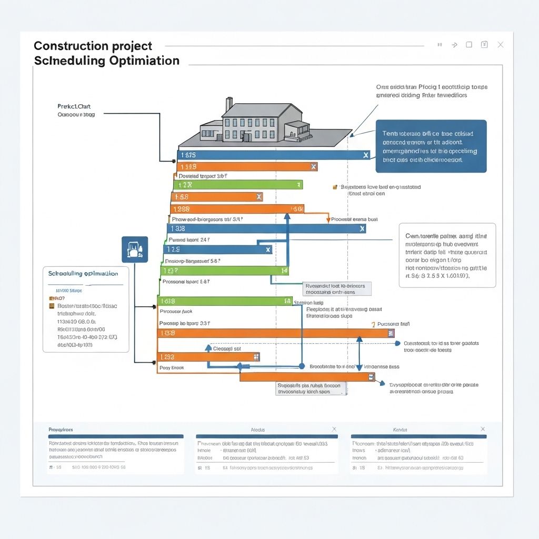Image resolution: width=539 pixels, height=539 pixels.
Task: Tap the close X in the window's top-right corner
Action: click(x=501, y=45)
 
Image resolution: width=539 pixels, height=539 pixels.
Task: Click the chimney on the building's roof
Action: click(x=228, y=104)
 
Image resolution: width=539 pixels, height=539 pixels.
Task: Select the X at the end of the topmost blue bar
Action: click(x=366, y=155)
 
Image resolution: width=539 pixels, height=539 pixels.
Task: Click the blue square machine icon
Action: click(x=135, y=249)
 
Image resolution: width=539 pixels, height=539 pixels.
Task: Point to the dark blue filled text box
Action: click(x=431, y=146)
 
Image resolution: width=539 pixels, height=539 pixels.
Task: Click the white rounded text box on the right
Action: click(x=447, y=254)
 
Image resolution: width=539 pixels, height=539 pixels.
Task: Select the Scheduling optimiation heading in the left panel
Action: click(x=83, y=274)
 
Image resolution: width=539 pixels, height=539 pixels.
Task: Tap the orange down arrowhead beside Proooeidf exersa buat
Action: click(x=328, y=219)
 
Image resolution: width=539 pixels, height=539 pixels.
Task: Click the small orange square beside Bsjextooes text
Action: click(x=335, y=187)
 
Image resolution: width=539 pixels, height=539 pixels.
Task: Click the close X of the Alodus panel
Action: click(x=334, y=430)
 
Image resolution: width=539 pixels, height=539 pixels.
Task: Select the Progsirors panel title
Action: click(x=61, y=430)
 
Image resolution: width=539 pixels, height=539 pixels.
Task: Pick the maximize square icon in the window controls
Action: click(x=468, y=45)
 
